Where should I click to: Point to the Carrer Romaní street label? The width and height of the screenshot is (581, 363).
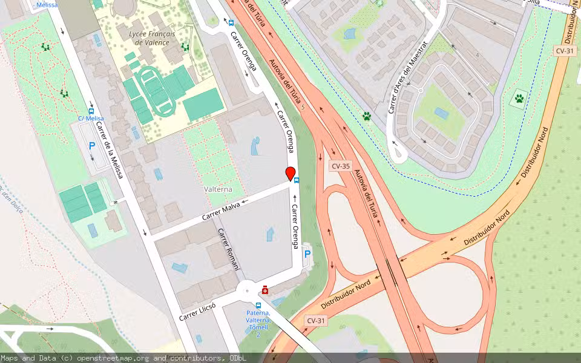tap(229, 249)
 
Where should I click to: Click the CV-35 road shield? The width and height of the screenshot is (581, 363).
tap(340, 166)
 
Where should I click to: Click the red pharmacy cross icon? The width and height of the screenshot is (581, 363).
tap(265, 290)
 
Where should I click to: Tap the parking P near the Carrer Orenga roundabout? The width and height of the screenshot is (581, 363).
tap(307, 254)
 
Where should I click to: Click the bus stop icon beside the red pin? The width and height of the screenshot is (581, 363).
tap(297, 179)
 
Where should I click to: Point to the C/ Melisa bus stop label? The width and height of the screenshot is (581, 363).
tap(91, 119)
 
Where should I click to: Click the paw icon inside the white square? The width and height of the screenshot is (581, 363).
tap(519, 98)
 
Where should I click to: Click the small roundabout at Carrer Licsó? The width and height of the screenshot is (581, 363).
tap(248, 290)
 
